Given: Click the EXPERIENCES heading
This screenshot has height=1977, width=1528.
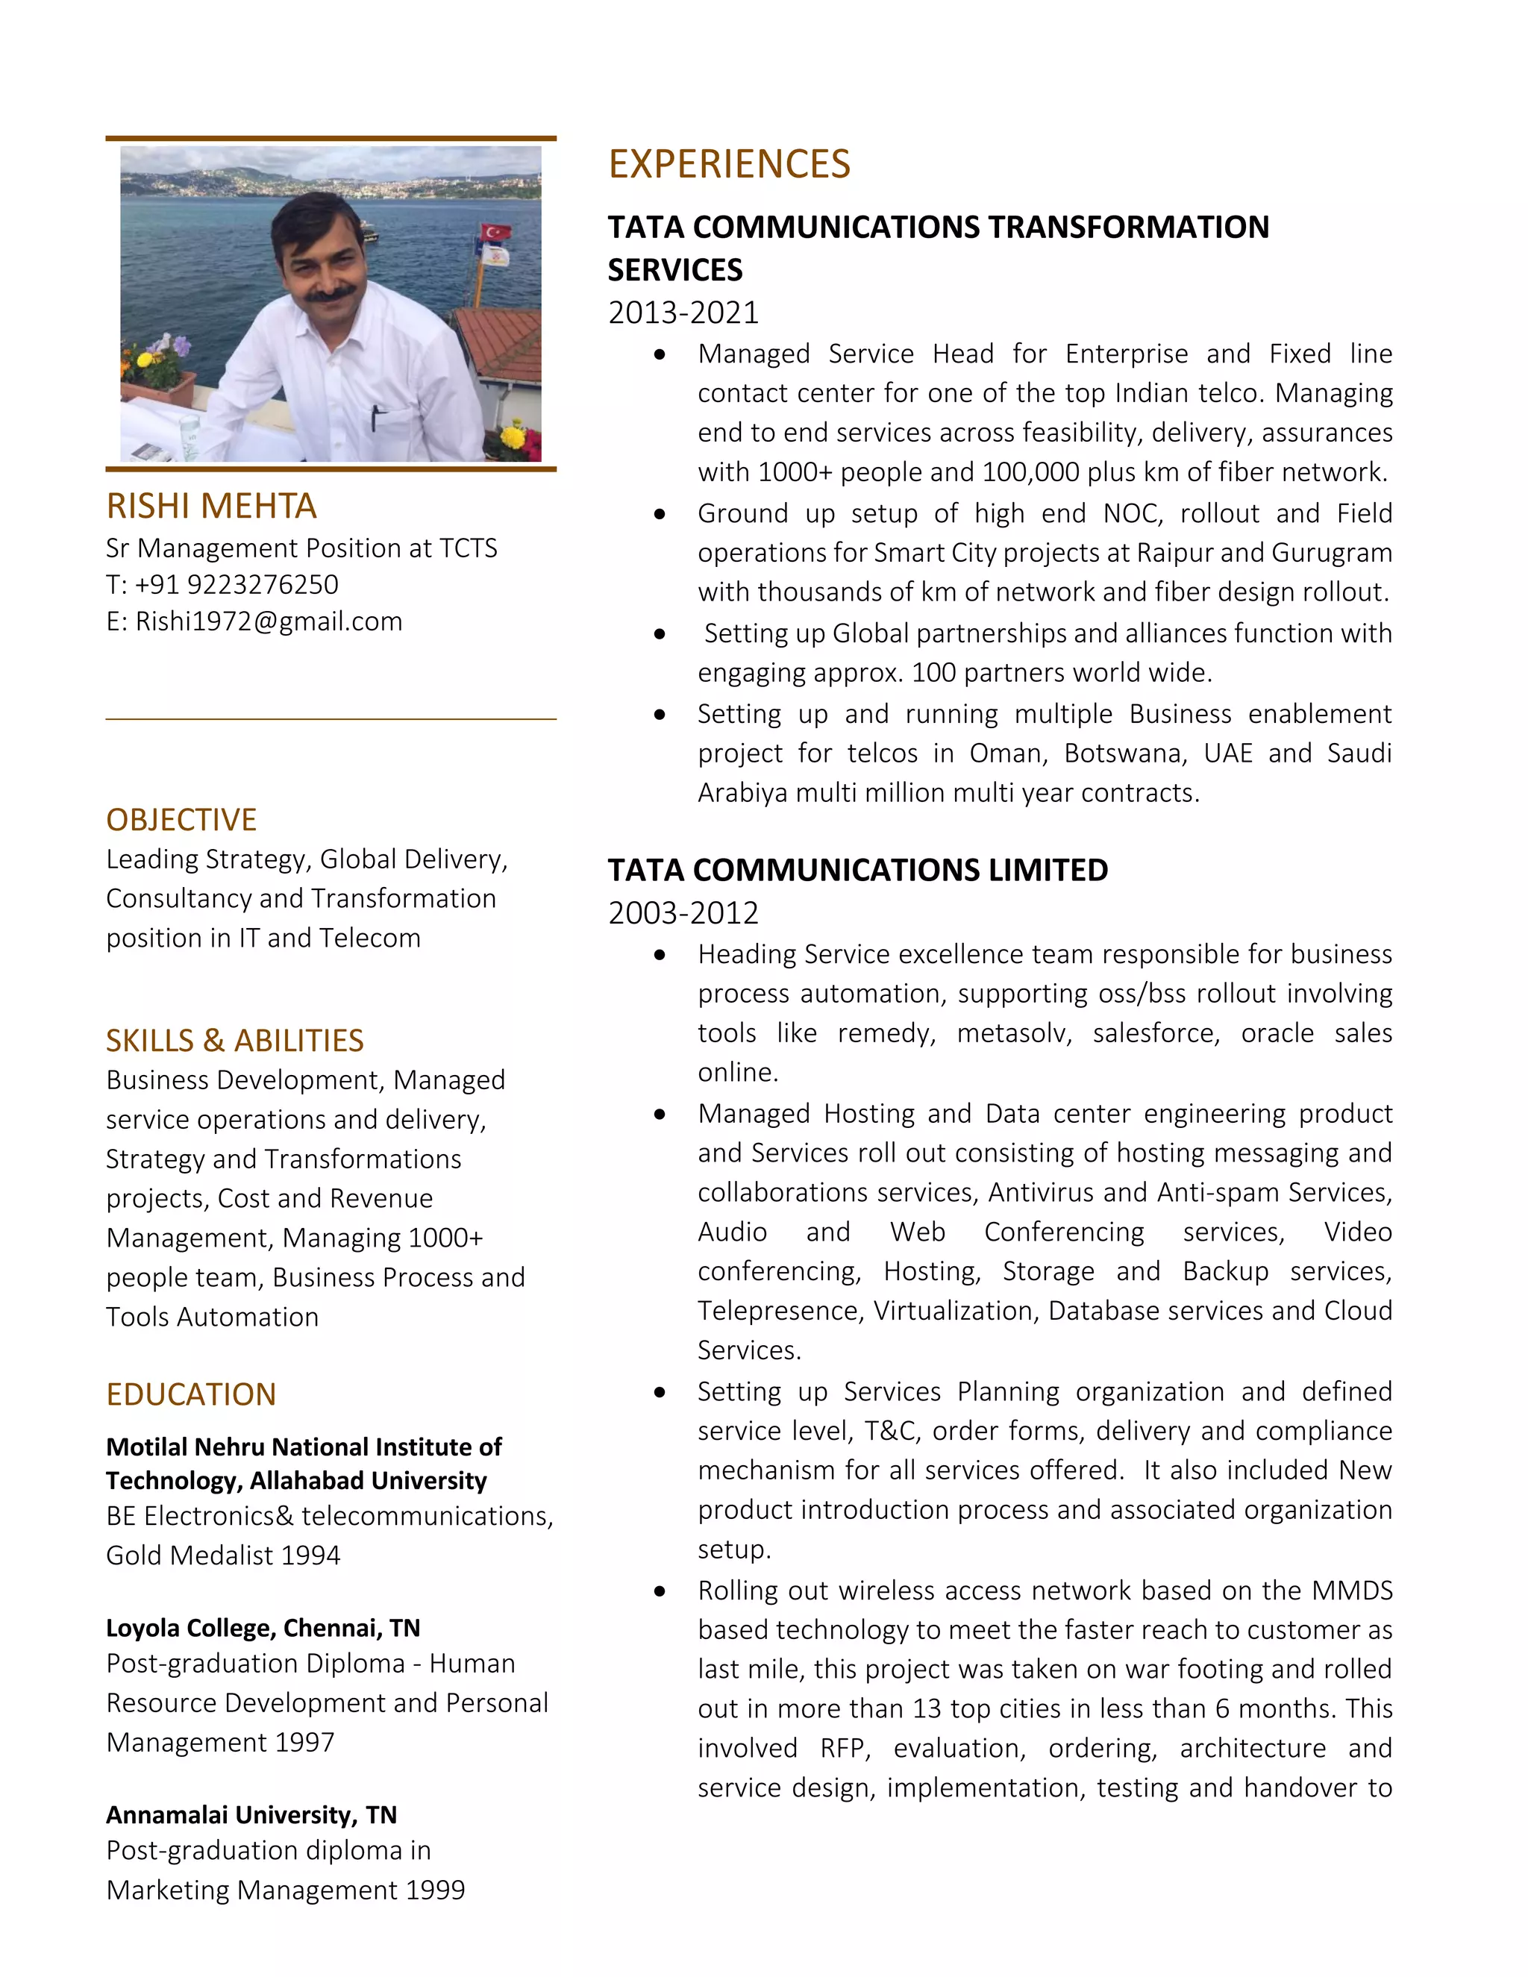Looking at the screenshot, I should point(729,164).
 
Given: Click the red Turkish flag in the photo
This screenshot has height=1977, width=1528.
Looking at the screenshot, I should point(494,234).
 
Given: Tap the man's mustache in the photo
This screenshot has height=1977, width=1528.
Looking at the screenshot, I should point(330,292).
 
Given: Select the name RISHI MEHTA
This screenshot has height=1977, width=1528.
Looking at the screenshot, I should point(211,506).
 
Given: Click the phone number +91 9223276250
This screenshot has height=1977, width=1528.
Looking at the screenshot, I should point(237,585).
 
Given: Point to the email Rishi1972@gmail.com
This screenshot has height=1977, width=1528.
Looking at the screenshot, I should point(269,622).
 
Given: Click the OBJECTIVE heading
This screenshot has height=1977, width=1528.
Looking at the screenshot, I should point(181,819).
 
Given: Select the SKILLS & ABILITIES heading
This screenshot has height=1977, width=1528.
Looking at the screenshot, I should point(234,1040).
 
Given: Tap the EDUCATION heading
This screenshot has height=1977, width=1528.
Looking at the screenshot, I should point(191,1394).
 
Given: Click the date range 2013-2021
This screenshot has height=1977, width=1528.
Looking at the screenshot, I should point(683,313).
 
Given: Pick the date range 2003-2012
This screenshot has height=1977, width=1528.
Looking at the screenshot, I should point(683,912).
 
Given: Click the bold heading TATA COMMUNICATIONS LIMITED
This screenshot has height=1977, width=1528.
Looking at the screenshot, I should point(857,870).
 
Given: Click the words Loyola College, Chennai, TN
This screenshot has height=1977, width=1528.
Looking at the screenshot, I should point(263,1629).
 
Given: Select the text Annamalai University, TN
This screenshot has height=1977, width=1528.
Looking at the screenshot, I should point(251,1815).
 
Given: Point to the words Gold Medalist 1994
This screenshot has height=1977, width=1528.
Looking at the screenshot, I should point(222,1555).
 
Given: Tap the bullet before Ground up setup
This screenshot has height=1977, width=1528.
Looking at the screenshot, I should point(660,514).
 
